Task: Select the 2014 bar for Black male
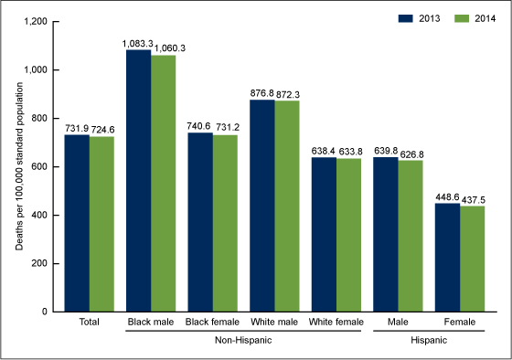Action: click(164, 184)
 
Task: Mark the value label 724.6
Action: click(101, 129)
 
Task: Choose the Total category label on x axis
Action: click(89, 323)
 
